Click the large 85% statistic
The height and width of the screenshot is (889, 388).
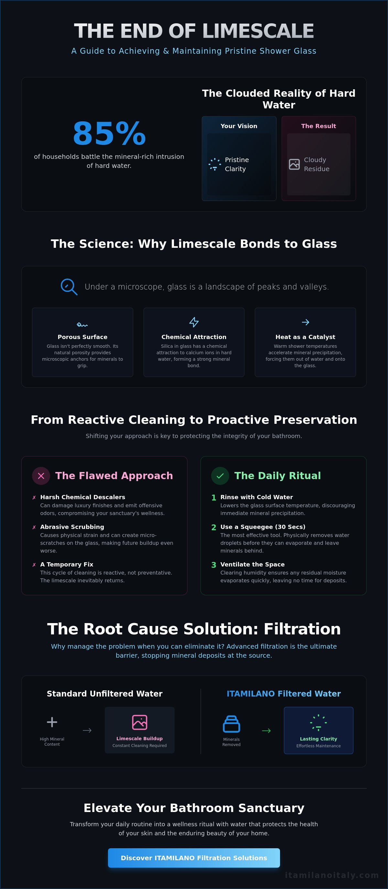109,133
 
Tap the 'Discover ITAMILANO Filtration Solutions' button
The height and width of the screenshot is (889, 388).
194,858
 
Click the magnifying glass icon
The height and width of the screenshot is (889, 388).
69,287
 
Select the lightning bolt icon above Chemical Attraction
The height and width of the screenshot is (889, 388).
194,322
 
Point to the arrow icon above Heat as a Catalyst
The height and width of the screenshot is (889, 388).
305,322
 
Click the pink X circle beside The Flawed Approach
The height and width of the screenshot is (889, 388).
41,476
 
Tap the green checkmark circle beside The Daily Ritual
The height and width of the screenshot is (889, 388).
220,476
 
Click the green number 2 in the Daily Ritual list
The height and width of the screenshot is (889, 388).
214,527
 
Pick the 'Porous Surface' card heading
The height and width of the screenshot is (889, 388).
82,337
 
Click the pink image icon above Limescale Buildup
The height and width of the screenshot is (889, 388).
140,722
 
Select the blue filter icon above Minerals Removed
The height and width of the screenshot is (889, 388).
232,723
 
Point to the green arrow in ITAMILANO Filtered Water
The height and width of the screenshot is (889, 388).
266,730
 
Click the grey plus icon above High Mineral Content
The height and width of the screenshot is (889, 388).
52,722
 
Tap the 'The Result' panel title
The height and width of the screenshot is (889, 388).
318,126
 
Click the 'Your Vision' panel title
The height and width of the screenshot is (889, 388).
239,126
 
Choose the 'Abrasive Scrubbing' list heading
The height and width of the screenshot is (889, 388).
72,527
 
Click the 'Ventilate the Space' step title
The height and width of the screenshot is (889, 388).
253,564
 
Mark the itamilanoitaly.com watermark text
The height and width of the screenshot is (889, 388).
332,875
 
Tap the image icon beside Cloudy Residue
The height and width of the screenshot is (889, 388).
294,164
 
